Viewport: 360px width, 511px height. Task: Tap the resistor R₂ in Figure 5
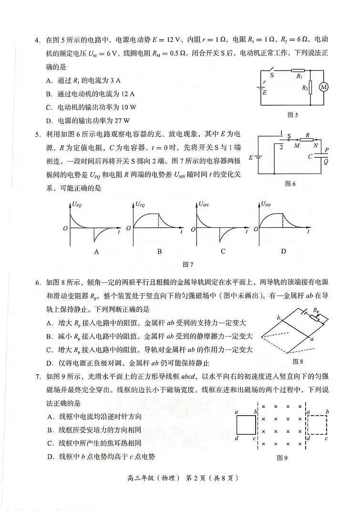[310, 87]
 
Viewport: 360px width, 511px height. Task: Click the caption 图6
[290, 184]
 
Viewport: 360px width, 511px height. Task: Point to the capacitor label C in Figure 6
[310, 156]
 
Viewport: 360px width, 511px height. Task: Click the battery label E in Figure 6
[251, 157]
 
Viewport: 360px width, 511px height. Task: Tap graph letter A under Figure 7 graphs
[96, 251]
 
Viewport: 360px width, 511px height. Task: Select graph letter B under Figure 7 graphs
[160, 251]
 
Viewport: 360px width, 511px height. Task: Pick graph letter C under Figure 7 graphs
[223, 251]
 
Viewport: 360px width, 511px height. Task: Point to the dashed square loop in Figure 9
[318, 423]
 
